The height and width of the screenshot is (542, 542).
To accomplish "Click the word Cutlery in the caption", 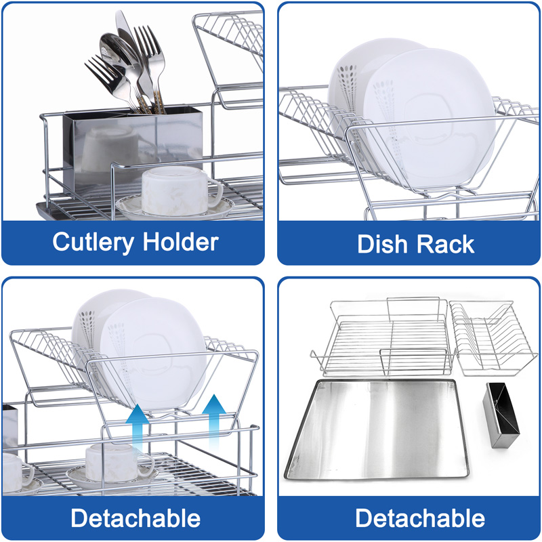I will coord(93,242).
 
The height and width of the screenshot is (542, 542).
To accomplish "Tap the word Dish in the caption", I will coord(383,244).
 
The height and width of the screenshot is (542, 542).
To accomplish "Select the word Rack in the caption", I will coord(446,244).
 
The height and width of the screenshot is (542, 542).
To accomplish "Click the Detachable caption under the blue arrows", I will coord(135,519).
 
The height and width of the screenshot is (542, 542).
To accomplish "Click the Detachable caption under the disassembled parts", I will coord(420,519).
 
